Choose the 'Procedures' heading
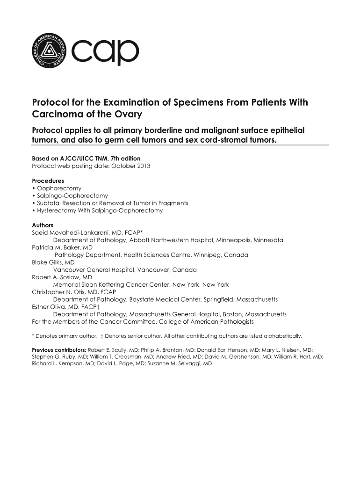[48, 181]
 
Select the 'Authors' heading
[43, 225]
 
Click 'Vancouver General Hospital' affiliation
[94, 270]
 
